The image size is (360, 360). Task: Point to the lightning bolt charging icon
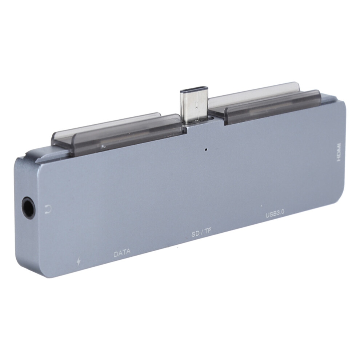click(x=79, y=261)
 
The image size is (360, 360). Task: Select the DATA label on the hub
click(x=122, y=253)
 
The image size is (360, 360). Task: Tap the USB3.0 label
click(x=275, y=214)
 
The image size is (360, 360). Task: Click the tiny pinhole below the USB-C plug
click(x=206, y=150)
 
